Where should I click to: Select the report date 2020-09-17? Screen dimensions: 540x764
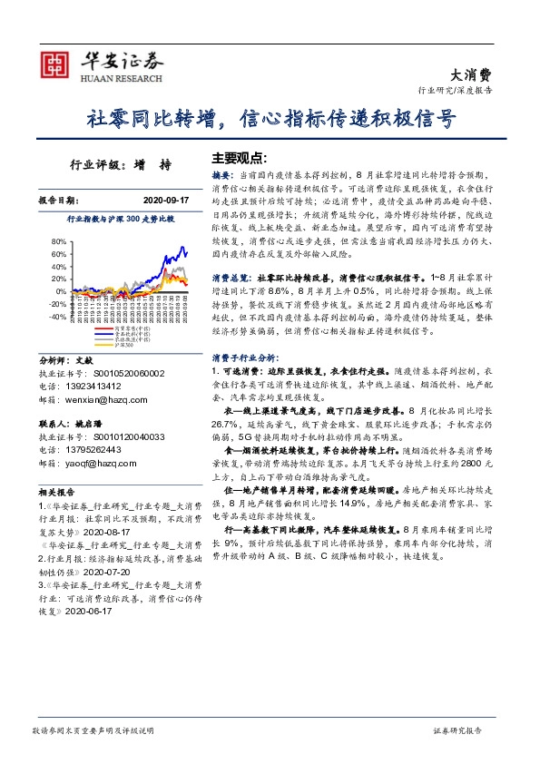[x=166, y=199]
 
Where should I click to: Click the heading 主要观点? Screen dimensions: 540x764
[x=240, y=157]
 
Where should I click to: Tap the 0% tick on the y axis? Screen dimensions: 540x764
[x=62, y=292]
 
